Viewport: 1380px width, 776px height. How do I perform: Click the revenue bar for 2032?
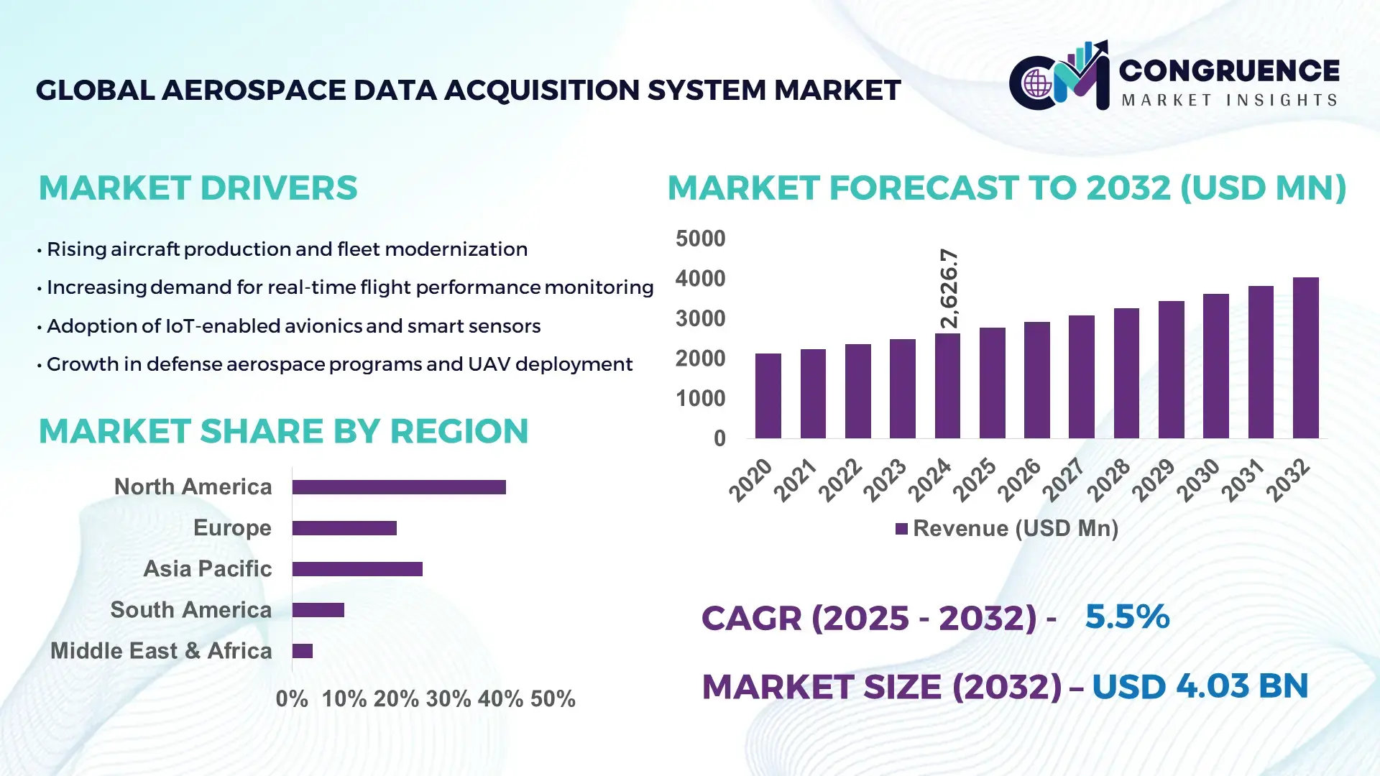(x=1305, y=358)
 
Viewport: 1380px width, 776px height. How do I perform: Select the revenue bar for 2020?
(x=768, y=396)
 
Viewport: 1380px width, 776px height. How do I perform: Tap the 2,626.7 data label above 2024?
(x=949, y=289)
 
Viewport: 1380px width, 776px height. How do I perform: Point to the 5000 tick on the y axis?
(x=700, y=239)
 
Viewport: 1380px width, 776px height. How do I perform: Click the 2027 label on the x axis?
(x=1063, y=479)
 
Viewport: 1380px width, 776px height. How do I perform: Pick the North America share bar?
(x=399, y=487)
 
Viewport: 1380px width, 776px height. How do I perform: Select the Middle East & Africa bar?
(x=303, y=651)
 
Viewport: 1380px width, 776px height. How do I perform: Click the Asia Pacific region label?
(x=207, y=568)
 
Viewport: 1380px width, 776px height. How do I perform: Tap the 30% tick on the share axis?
(x=448, y=698)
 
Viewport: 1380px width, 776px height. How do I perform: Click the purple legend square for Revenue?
(x=901, y=529)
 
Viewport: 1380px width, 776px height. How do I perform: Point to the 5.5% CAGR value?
(x=1126, y=616)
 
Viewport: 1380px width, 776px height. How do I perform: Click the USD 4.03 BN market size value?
(x=1200, y=686)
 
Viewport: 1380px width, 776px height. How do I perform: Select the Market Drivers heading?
(x=198, y=188)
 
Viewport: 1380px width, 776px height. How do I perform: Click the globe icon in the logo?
(x=1037, y=84)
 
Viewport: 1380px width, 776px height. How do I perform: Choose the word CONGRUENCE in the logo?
(x=1229, y=70)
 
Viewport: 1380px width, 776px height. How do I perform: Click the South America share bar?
(x=318, y=610)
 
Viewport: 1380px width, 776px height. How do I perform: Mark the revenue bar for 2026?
(x=1036, y=380)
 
